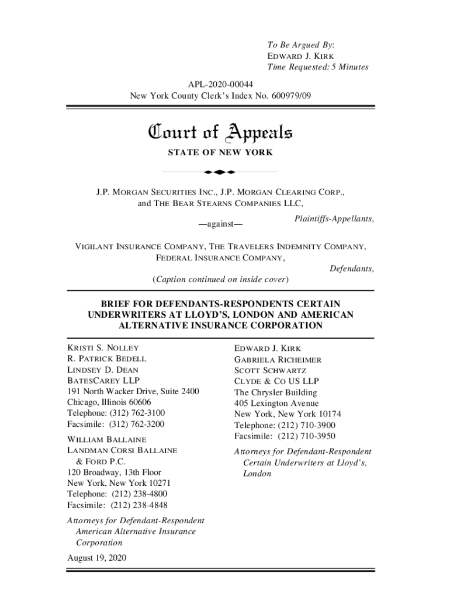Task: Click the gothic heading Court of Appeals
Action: click(x=220, y=134)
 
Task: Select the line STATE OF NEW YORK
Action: click(x=220, y=153)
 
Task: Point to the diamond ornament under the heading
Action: click(x=220, y=172)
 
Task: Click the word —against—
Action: click(x=220, y=224)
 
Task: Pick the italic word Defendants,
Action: click(x=352, y=269)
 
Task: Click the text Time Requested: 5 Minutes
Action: click(x=318, y=67)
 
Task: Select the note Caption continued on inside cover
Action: click(x=220, y=279)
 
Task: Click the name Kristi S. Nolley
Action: click(x=103, y=348)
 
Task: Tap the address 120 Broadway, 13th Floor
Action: click(x=115, y=472)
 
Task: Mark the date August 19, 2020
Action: click(x=97, y=558)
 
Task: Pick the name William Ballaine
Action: click(x=107, y=439)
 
